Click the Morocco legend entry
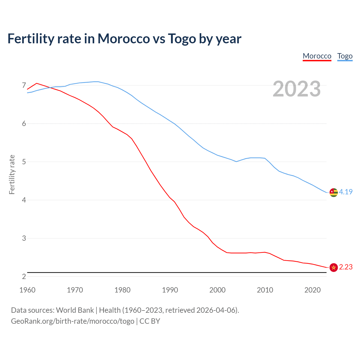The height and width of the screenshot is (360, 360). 317,56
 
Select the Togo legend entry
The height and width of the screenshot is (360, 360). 345,56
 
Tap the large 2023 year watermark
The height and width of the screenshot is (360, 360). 297,89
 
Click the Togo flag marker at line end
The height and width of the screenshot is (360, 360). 334,192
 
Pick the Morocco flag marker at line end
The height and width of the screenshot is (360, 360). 334,267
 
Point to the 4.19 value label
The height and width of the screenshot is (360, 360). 346,192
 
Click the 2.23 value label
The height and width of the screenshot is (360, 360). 346,267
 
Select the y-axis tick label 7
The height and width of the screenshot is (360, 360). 24,85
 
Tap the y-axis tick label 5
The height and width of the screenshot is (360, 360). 24,162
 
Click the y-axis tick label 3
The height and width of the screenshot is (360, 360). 24,238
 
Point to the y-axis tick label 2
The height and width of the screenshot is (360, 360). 24,276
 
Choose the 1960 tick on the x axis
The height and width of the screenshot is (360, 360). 27,290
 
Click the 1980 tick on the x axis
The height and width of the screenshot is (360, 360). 122,290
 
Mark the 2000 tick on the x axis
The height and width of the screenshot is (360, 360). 217,290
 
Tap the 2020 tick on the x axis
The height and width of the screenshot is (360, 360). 312,290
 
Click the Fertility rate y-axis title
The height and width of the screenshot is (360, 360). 12,174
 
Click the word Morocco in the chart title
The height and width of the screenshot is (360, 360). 123,39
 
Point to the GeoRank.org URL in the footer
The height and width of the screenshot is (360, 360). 73,321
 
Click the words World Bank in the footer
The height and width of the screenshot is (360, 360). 75,310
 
